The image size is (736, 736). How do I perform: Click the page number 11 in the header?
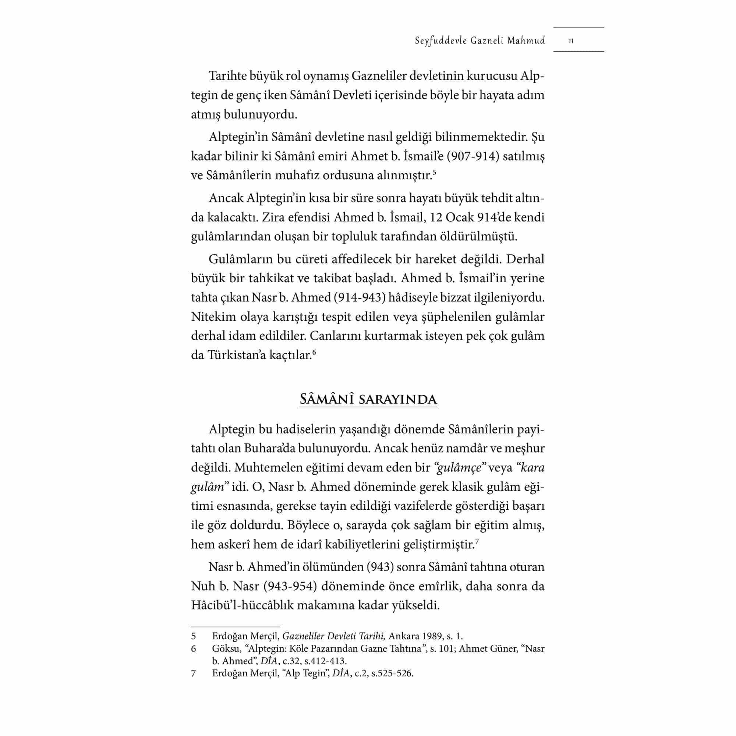click(571, 41)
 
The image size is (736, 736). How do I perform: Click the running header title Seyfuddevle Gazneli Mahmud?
click(480, 41)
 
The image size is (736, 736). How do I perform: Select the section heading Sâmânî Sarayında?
click(368, 399)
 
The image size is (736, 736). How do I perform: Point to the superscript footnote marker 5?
click(435, 173)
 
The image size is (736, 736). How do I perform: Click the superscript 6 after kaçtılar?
click(314, 352)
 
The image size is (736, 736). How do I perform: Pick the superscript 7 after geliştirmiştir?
click(477, 541)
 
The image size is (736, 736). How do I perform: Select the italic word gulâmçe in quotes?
click(459, 468)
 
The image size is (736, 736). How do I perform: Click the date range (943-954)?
click(290, 586)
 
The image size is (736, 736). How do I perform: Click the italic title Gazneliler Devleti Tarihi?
click(335, 636)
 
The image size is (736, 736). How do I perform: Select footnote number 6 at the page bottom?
click(194, 648)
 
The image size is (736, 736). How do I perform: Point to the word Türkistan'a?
click(236, 355)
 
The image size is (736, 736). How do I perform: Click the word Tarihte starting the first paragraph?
click(227, 76)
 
